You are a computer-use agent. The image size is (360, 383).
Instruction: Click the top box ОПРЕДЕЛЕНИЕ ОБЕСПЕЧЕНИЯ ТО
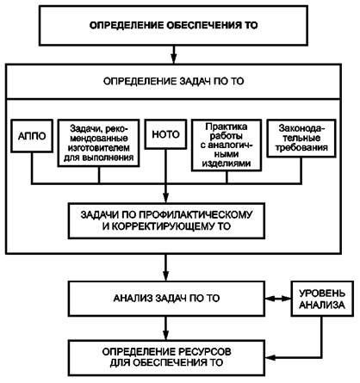click(x=173, y=25)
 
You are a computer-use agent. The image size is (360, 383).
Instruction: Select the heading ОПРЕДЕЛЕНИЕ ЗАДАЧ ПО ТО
click(x=173, y=81)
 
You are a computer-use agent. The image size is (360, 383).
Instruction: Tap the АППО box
click(x=32, y=136)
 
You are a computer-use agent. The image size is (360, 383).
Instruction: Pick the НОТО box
click(x=165, y=134)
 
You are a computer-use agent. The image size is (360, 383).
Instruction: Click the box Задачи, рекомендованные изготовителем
click(x=99, y=143)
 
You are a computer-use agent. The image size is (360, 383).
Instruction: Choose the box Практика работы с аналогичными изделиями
click(x=227, y=145)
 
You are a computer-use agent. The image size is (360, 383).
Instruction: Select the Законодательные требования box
click(x=301, y=139)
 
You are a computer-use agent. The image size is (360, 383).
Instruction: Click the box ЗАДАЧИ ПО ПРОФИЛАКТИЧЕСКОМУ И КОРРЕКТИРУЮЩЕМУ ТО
click(x=166, y=220)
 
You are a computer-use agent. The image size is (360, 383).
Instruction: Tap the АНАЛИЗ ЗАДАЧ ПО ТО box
click(x=166, y=299)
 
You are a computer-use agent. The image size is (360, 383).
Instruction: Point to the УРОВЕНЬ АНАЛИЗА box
click(x=322, y=299)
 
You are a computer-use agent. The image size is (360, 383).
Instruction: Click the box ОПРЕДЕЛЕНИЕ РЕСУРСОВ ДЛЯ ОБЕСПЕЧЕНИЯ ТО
click(x=166, y=357)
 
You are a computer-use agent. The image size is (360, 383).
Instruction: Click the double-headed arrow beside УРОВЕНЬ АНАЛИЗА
click(x=278, y=299)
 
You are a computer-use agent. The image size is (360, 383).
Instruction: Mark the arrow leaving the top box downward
click(x=173, y=54)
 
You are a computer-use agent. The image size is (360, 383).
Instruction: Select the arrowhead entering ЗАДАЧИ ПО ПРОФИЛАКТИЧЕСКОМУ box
click(x=166, y=198)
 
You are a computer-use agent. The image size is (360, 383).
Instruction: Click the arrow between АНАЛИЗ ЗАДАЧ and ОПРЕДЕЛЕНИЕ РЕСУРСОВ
click(x=166, y=328)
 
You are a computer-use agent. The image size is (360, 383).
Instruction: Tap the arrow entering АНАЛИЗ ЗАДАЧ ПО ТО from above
click(x=166, y=268)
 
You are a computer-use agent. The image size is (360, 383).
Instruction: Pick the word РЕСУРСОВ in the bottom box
click(x=205, y=352)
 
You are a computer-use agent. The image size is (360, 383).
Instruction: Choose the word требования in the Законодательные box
click(x=301, y=147)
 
